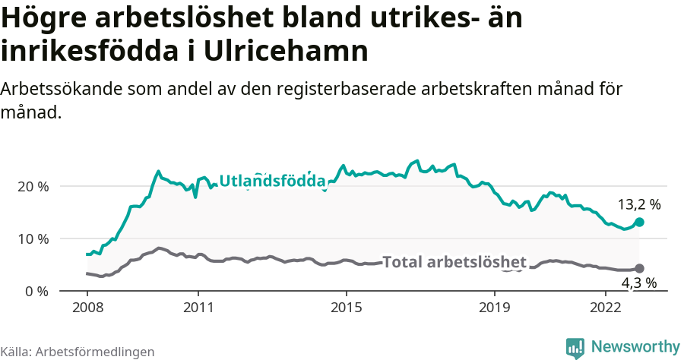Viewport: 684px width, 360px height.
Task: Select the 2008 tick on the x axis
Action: pyautogui.click(x=87, y=308)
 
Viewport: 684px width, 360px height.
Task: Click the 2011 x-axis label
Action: pyautogui.click(x=198, y=308)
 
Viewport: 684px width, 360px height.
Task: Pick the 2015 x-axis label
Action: pyautogui.click(x=347, y=308)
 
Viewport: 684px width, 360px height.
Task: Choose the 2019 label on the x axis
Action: pyautogui.click(x=495, y=308)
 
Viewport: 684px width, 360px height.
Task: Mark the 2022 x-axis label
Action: pyautogui.click(x=606, y=308)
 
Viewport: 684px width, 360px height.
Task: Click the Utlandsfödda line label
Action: pyautogui.click(x=272, y=181)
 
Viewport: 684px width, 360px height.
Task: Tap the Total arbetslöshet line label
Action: pyautogui.click(x=454, y=262)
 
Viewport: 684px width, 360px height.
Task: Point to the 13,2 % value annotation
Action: pyautogui.click(x=638, y=204)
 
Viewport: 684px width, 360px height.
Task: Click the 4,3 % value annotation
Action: pyautogui.click(x=638, y=283)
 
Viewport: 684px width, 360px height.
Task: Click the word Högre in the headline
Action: pyautogui.click(x=48, y=18)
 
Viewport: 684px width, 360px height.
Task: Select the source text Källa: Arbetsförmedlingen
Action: pyautogui.click(x=78, y=352)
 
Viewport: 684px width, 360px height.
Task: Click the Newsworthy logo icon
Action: pyautogui.click(x=575, y=348)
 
